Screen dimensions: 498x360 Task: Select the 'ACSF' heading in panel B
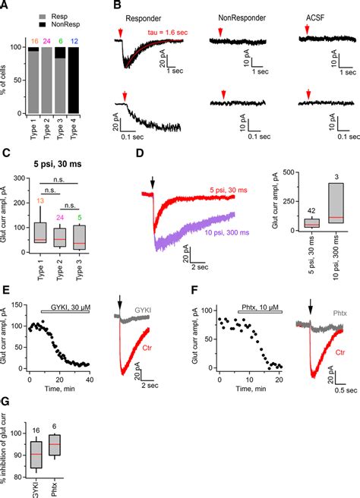(312, 14)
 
